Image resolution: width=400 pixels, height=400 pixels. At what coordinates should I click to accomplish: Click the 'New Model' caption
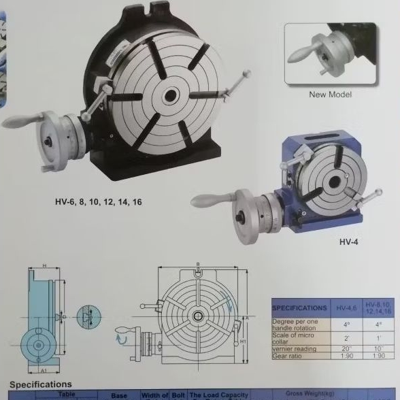[x=330, y=95]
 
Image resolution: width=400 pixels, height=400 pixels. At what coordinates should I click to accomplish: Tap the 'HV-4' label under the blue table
[x=348, y=241]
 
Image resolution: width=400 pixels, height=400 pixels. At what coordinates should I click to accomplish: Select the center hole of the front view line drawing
[x=198, y=316]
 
